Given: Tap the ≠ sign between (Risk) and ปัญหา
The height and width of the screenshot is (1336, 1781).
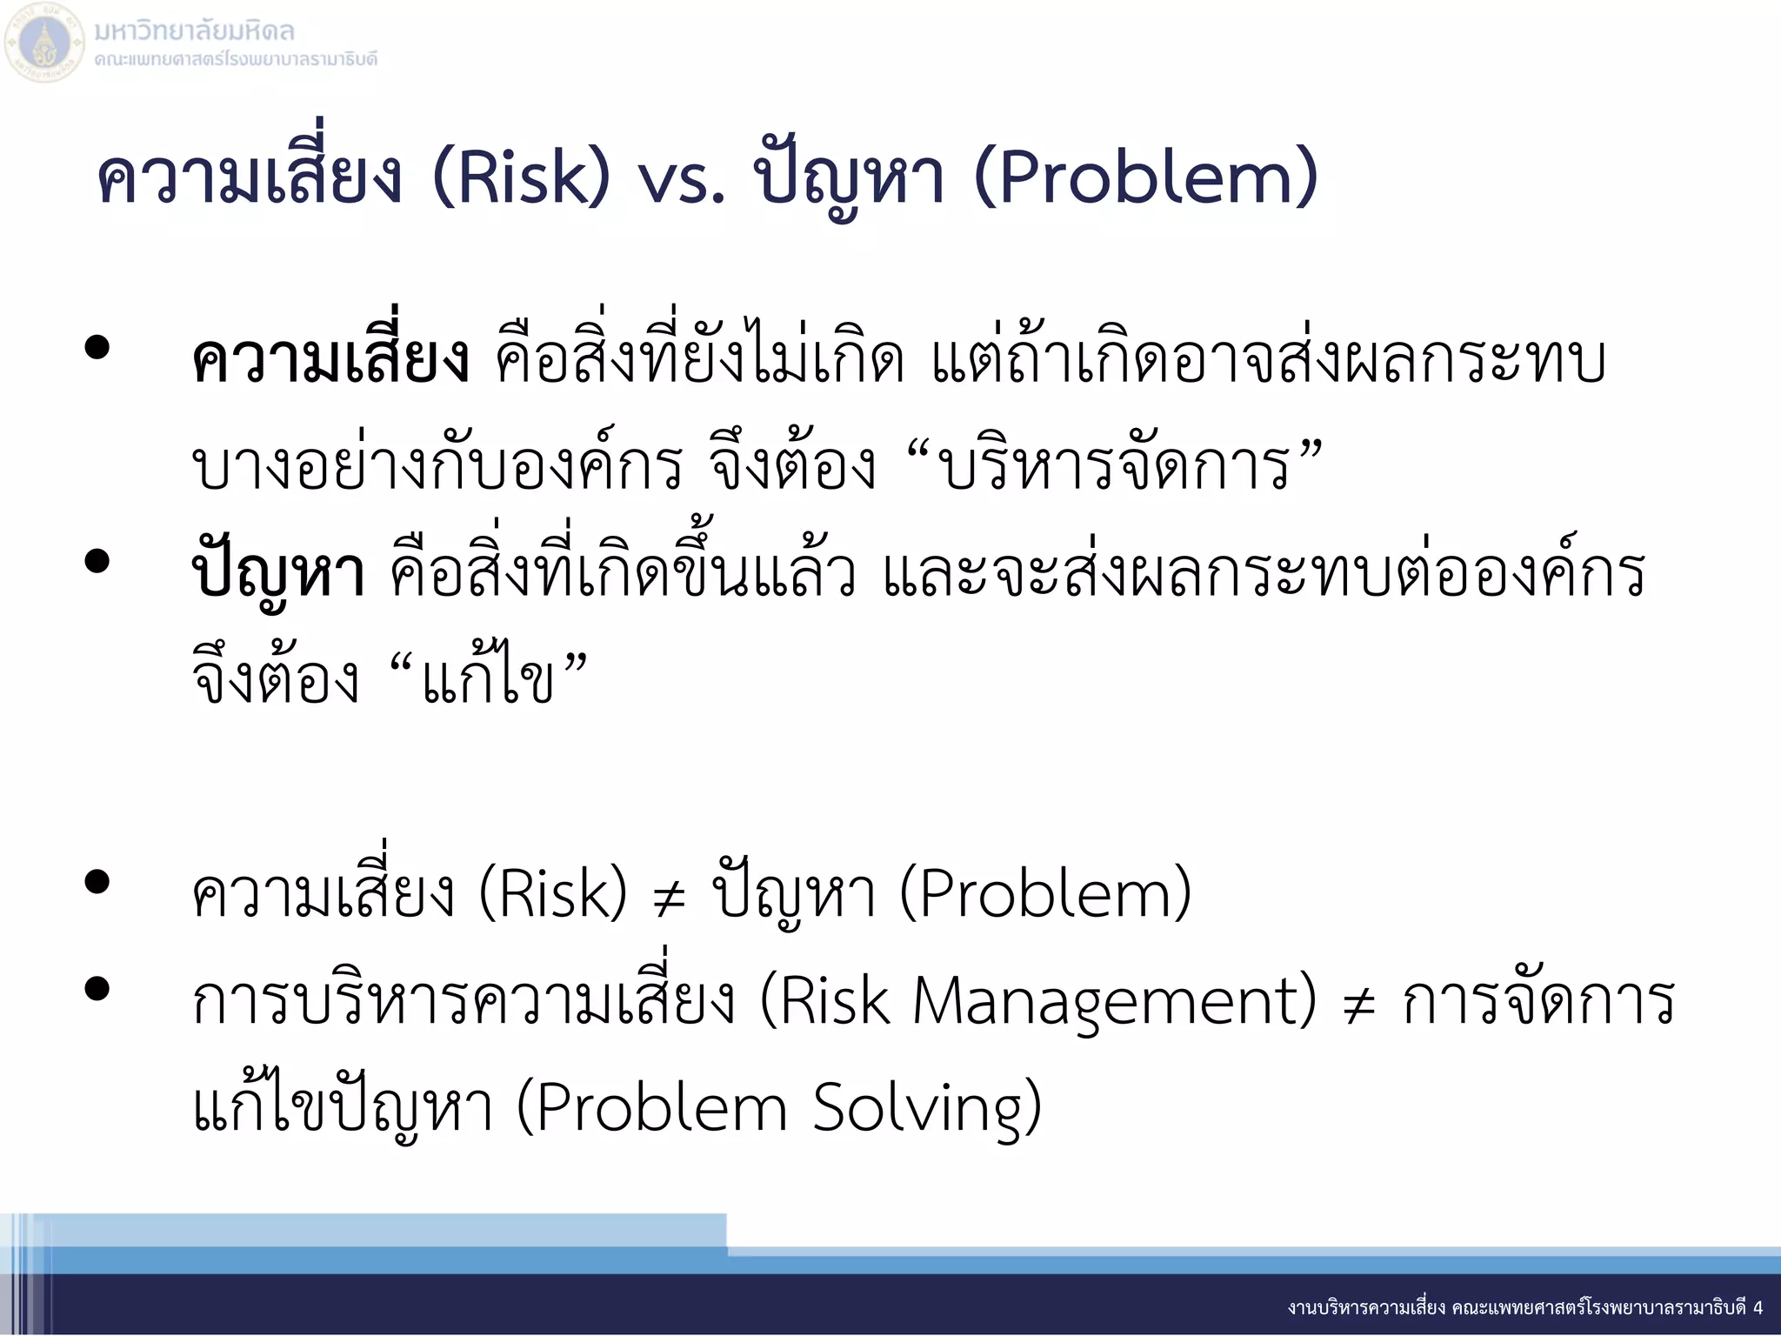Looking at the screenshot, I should coord(670,898).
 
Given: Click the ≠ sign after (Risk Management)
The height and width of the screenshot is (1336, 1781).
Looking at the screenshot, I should coord(1359,1005).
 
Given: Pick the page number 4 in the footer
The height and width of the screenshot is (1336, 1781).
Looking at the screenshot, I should coord(1758,1307).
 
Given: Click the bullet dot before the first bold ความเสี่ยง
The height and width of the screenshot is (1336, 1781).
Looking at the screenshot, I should coord(97,348).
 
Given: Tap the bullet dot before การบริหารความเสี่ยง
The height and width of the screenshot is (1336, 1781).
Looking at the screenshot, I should coord(97,989).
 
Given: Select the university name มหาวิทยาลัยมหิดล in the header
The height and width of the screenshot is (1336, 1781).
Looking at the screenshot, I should coord(194,31).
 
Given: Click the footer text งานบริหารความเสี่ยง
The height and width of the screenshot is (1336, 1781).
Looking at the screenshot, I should coord(1366,1307).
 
